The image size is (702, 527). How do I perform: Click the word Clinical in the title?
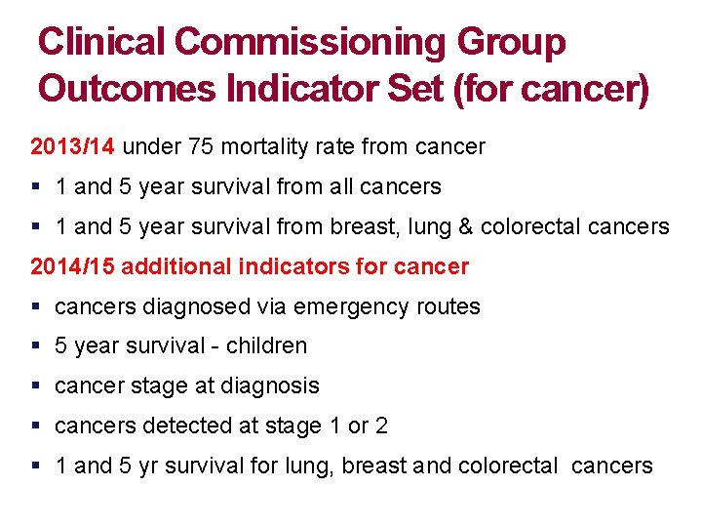[x=102, y=42]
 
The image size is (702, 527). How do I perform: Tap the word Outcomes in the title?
[x=127, y=88]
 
